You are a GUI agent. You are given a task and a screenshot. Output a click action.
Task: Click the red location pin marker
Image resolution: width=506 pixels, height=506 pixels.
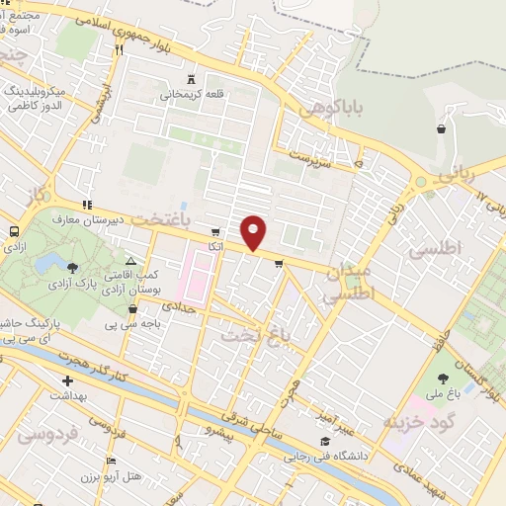coord(254,233)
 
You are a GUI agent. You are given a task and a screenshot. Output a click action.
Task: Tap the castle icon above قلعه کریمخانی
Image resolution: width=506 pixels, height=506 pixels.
coord(193,79)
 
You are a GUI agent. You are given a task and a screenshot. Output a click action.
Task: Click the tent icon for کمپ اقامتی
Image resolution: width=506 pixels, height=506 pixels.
coord(130,260)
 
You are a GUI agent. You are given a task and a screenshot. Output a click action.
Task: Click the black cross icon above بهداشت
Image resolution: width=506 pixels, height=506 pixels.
coord(67,380)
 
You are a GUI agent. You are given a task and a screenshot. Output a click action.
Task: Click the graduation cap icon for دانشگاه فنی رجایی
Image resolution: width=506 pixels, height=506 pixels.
coord(325,442)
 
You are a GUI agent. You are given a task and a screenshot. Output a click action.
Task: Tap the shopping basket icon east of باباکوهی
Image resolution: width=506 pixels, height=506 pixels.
coord(441,127)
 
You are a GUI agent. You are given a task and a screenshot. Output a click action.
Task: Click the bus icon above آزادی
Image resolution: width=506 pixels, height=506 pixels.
coord(14,232)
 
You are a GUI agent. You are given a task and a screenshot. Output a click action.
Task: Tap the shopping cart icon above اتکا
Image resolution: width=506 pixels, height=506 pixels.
coord(215,232)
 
